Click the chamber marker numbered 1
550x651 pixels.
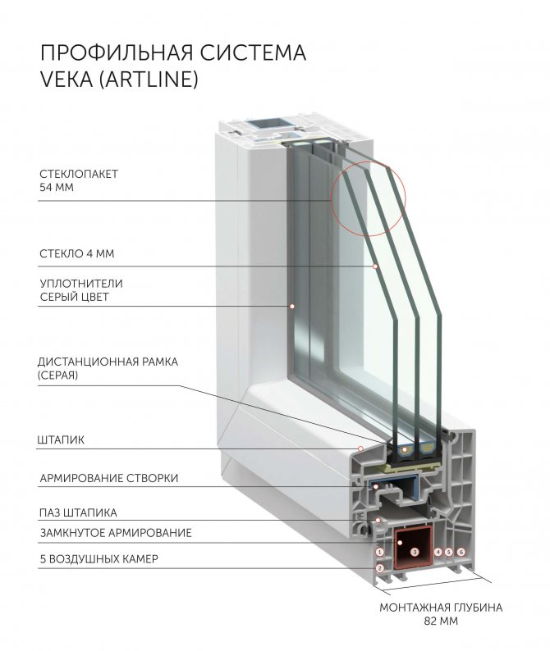(x=380, y=553)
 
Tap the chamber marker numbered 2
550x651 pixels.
(x=380, y=567)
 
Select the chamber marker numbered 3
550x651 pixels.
(x=415, y=553)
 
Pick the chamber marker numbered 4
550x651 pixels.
(x=438, y=553)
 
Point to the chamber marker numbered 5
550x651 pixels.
(x=449, y=553)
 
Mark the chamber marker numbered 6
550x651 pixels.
(x=461, y=553)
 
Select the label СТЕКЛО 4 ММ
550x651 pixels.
(x=77, y=253)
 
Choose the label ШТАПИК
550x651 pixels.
(x=62, y=440)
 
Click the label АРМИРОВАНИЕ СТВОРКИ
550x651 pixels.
(x=108, y=478)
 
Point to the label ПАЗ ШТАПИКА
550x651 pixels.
(x=78, y=513)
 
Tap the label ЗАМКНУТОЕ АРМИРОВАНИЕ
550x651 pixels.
(x=116, y=533)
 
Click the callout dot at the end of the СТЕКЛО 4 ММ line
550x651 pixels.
(x=375, y=266)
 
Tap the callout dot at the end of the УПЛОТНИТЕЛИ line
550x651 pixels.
(x=291, y=306)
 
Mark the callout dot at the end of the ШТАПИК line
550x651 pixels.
(x=360, y=448)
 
